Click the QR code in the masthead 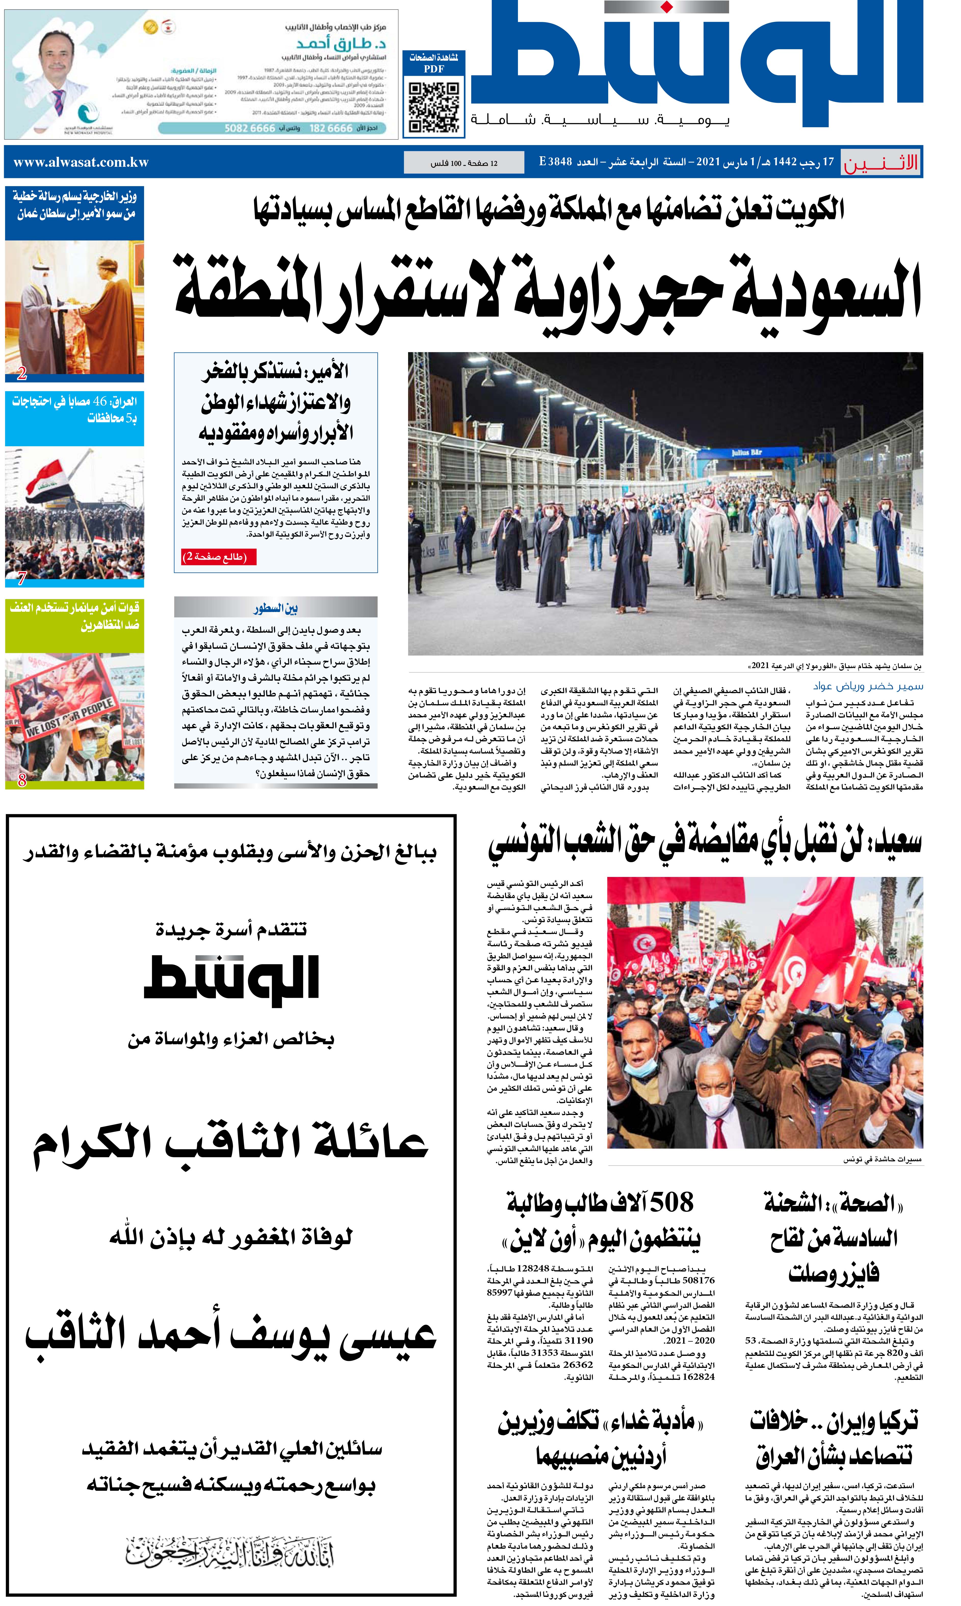(x=434, y=106)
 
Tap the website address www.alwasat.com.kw (x=81, y=163)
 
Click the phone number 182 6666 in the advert (x=331, y=128)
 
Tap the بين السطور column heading (x=275, y=608)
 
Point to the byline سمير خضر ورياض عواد (x=868, y=686)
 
